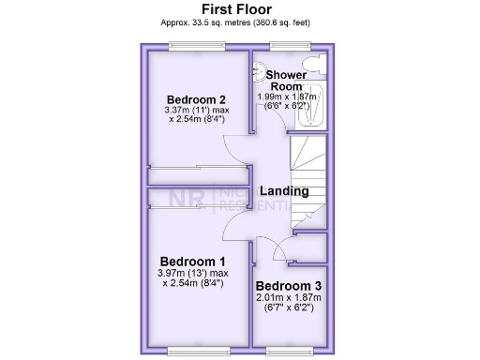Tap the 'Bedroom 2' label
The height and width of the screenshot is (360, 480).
[x=196, y=99]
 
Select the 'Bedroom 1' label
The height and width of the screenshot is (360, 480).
[x=192, y=261]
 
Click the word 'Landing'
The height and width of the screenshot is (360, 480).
[x=284, y=191]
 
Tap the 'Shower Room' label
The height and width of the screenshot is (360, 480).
[x=285, y=80]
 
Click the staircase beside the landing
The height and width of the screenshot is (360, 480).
[x=308, y=178]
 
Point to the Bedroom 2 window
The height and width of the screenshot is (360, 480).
[x=197, y=46]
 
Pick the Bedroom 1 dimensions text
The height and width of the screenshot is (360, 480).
[x=192, y=277]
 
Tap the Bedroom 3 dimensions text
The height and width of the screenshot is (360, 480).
[x=290, y=302]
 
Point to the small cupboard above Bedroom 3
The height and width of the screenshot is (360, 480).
[x=310, y=247]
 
